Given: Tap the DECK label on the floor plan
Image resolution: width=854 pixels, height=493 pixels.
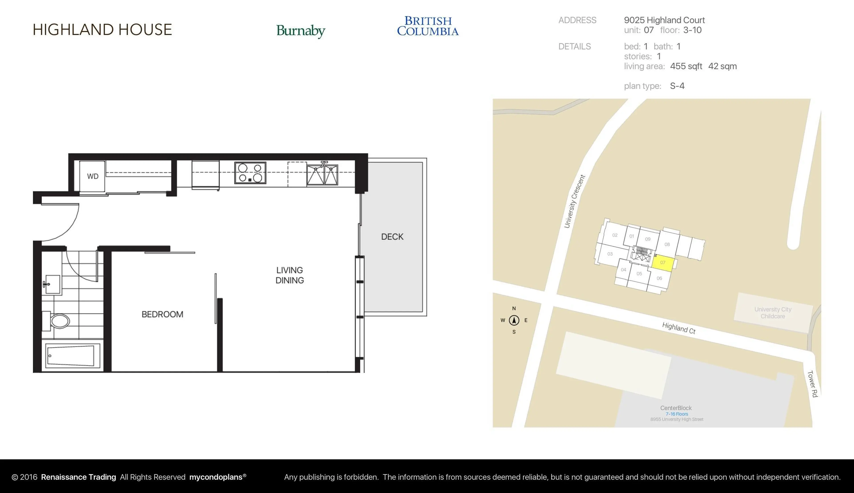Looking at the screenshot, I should pyautogui.click(x=392, y=237).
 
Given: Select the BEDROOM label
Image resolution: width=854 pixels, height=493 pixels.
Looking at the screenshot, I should pyautogui.click(x=162, y=314).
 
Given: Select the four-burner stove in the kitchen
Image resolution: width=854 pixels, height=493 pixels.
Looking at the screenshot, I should pyautogui.click(x=250, y=173).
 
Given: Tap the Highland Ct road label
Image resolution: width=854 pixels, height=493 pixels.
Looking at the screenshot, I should pyautogui.click(x=679, y=328).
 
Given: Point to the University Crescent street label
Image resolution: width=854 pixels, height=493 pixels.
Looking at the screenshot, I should pyautogui.click(x=574, y=201).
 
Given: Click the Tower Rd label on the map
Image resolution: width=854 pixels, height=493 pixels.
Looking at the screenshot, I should pyautogui.click(x=812, y=384).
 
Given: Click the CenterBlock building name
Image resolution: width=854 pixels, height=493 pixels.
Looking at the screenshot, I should pyautogui.click(x=676, y=408).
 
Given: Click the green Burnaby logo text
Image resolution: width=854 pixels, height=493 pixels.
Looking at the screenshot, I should pyautogui.click(x=301, y=31).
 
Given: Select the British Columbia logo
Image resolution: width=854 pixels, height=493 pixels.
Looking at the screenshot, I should pyautogui.click(x=428, y=26).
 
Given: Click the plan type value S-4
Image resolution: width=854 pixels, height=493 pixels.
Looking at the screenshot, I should pyautogui.click(x=677, y=86).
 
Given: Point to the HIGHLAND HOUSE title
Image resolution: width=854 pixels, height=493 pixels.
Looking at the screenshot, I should pyautogui.click(x=102, y=30).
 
